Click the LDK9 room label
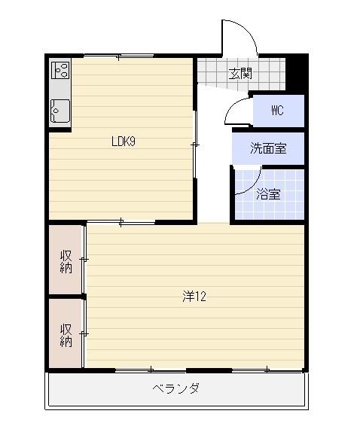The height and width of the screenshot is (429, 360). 123,141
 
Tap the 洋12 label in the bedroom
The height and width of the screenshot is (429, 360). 194,296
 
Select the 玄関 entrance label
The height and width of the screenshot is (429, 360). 240,74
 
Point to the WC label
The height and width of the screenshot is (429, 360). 277,111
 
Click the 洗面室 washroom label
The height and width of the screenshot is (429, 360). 268,148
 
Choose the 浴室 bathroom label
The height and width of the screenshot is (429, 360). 268,193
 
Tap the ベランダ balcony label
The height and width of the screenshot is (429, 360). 175,388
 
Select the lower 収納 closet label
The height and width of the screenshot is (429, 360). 66,334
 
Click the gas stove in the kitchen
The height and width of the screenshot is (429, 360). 61,71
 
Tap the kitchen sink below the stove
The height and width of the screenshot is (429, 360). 60,111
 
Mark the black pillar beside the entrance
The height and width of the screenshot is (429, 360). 298,72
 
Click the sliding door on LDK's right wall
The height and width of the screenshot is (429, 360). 196,145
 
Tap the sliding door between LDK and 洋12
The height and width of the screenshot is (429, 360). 123,221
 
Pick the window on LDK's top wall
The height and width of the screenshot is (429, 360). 121,56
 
